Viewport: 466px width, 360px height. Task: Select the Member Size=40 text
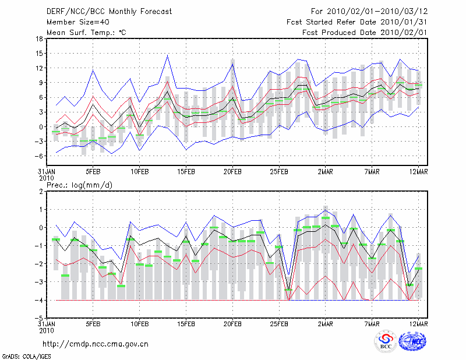tap(76, 22)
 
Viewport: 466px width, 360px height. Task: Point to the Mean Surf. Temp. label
tap(86, 33)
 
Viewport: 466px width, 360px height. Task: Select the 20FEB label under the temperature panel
tap(232, 172)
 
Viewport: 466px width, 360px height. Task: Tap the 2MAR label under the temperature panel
tap(326, 172)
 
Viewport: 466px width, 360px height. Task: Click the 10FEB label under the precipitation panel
tap(139, 324)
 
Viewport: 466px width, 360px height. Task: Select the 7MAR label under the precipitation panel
tap(372, 324)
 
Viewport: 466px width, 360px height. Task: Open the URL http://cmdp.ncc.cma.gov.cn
tap(96, 344)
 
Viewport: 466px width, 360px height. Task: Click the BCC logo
tap(386, 342)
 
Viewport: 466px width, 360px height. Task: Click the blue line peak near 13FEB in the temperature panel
tap(168, 55)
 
